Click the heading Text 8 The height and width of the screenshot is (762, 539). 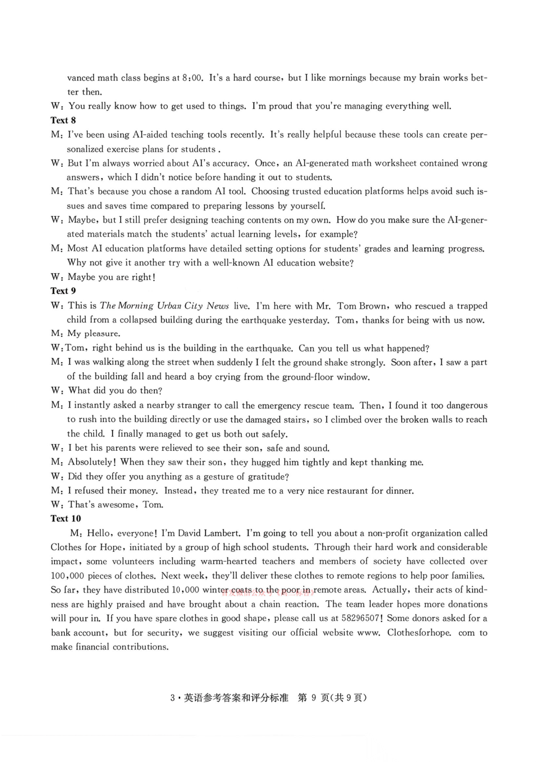point(63,121)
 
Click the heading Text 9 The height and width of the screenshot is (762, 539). point(63,291)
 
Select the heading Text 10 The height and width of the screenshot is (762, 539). point(66,519)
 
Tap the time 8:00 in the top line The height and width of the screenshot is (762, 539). point(192,78)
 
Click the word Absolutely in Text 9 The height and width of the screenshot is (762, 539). point(90,462)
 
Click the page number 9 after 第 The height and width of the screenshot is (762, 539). point(314,698)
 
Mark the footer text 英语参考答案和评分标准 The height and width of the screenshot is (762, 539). point(236,698)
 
